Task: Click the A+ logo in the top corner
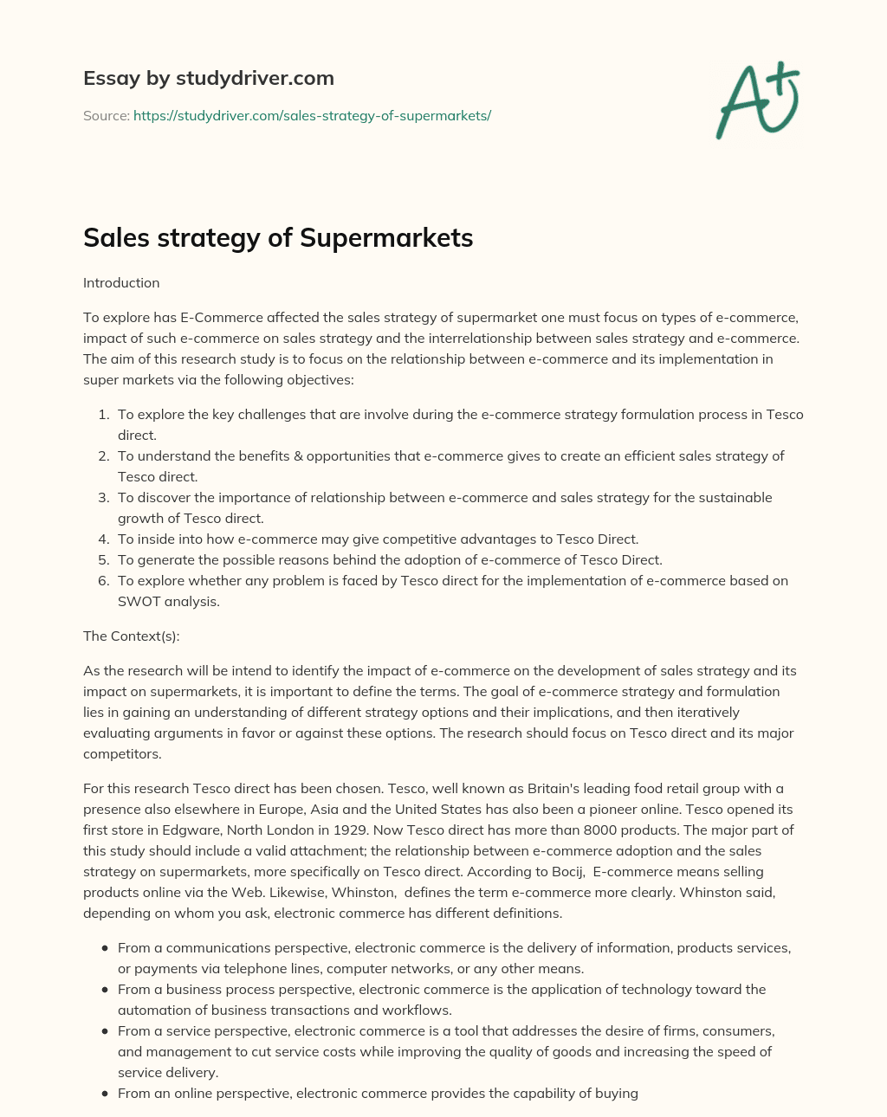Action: click(x=758, y=100)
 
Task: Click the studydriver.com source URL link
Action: click(x=312, y=115)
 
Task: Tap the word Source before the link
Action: click(x=105, y=115)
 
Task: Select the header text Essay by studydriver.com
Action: click(x=208, y=78)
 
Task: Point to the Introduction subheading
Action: click(x=121, y=282)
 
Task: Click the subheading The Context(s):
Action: click(x=131, y=636)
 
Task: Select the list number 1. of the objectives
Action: click(x=103, y=414)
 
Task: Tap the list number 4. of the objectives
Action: click(x=103, y=539)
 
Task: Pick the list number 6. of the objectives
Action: click(x=103, y=580)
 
